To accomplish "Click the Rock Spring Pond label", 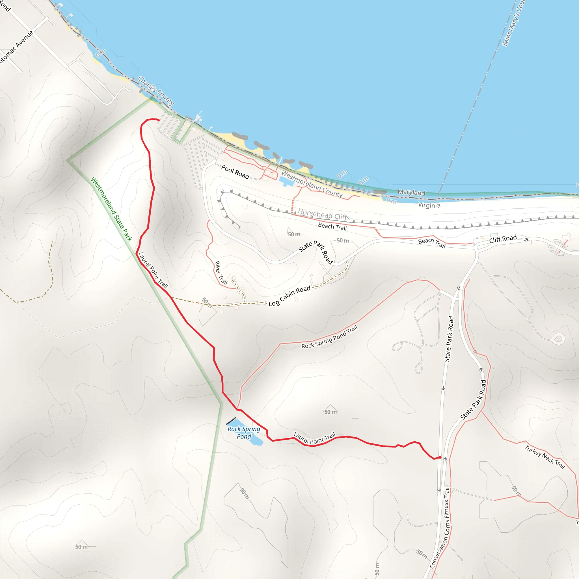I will [x=244, y=433].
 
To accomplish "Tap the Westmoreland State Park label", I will [x=111, y=209].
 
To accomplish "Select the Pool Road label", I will [x=235, y=172].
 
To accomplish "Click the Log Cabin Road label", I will [x=289, y=296].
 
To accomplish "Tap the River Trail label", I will [x=221, y=273].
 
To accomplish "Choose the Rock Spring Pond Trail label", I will [x=329, y=338].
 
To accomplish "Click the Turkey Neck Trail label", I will [x=545, y=457].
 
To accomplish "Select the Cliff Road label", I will [x=503, y=239].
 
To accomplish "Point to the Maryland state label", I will [x=411, y=193].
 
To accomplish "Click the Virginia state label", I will [x=429, y=205].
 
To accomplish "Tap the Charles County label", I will [x=156, y=91].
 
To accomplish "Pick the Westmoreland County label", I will [x=312, y=184].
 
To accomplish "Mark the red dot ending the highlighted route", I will [x=440, y=457].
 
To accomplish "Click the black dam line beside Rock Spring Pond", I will [x=231, y=421].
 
